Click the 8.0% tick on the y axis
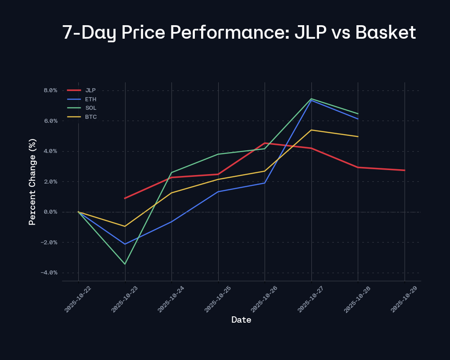tap(50, 90)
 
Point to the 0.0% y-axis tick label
tap(50, 212)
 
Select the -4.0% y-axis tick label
tap(49, 273)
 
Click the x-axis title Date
tap(241, 320)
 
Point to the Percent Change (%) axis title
tap(32, 182)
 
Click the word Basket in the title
tap(386, 33)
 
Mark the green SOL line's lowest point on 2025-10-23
tap(125, 264)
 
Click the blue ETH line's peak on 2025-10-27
tap(311, 100)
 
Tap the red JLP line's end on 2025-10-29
tap(405, 170)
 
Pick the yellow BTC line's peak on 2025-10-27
tap(311, 130)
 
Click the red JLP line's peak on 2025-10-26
tap(265, 143)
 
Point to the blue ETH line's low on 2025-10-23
tap(125, 244)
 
